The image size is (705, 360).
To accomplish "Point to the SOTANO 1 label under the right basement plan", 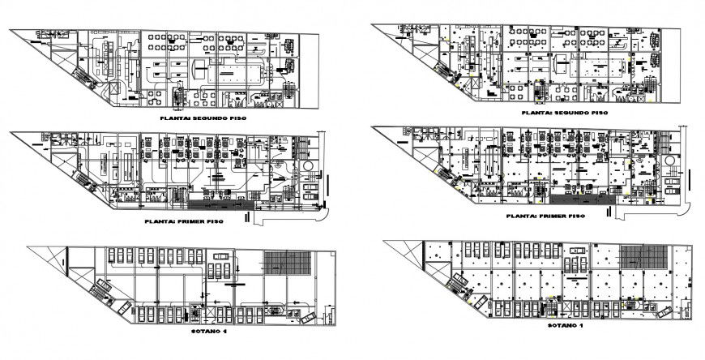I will pos(565,324).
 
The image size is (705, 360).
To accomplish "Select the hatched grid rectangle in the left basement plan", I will pos(285,263).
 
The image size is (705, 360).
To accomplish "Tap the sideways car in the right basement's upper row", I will pos(577,263).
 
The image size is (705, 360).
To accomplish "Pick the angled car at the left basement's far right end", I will pos(308,317).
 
